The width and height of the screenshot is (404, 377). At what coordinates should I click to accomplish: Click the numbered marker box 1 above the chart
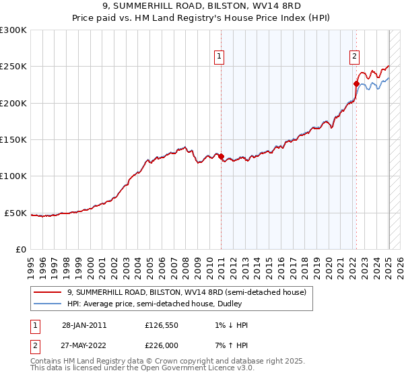point(220,57)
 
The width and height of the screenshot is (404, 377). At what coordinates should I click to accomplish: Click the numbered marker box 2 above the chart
point(354,57)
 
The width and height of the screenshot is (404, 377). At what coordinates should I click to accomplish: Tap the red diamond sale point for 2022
point(356,84)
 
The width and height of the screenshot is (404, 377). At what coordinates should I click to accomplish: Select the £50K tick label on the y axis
point(16,213)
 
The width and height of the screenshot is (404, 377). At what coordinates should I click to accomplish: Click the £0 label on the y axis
point(21,249)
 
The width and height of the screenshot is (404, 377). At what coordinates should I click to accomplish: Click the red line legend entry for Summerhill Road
point(187,292)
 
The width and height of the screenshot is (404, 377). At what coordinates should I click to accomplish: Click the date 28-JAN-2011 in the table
point(84,325)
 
